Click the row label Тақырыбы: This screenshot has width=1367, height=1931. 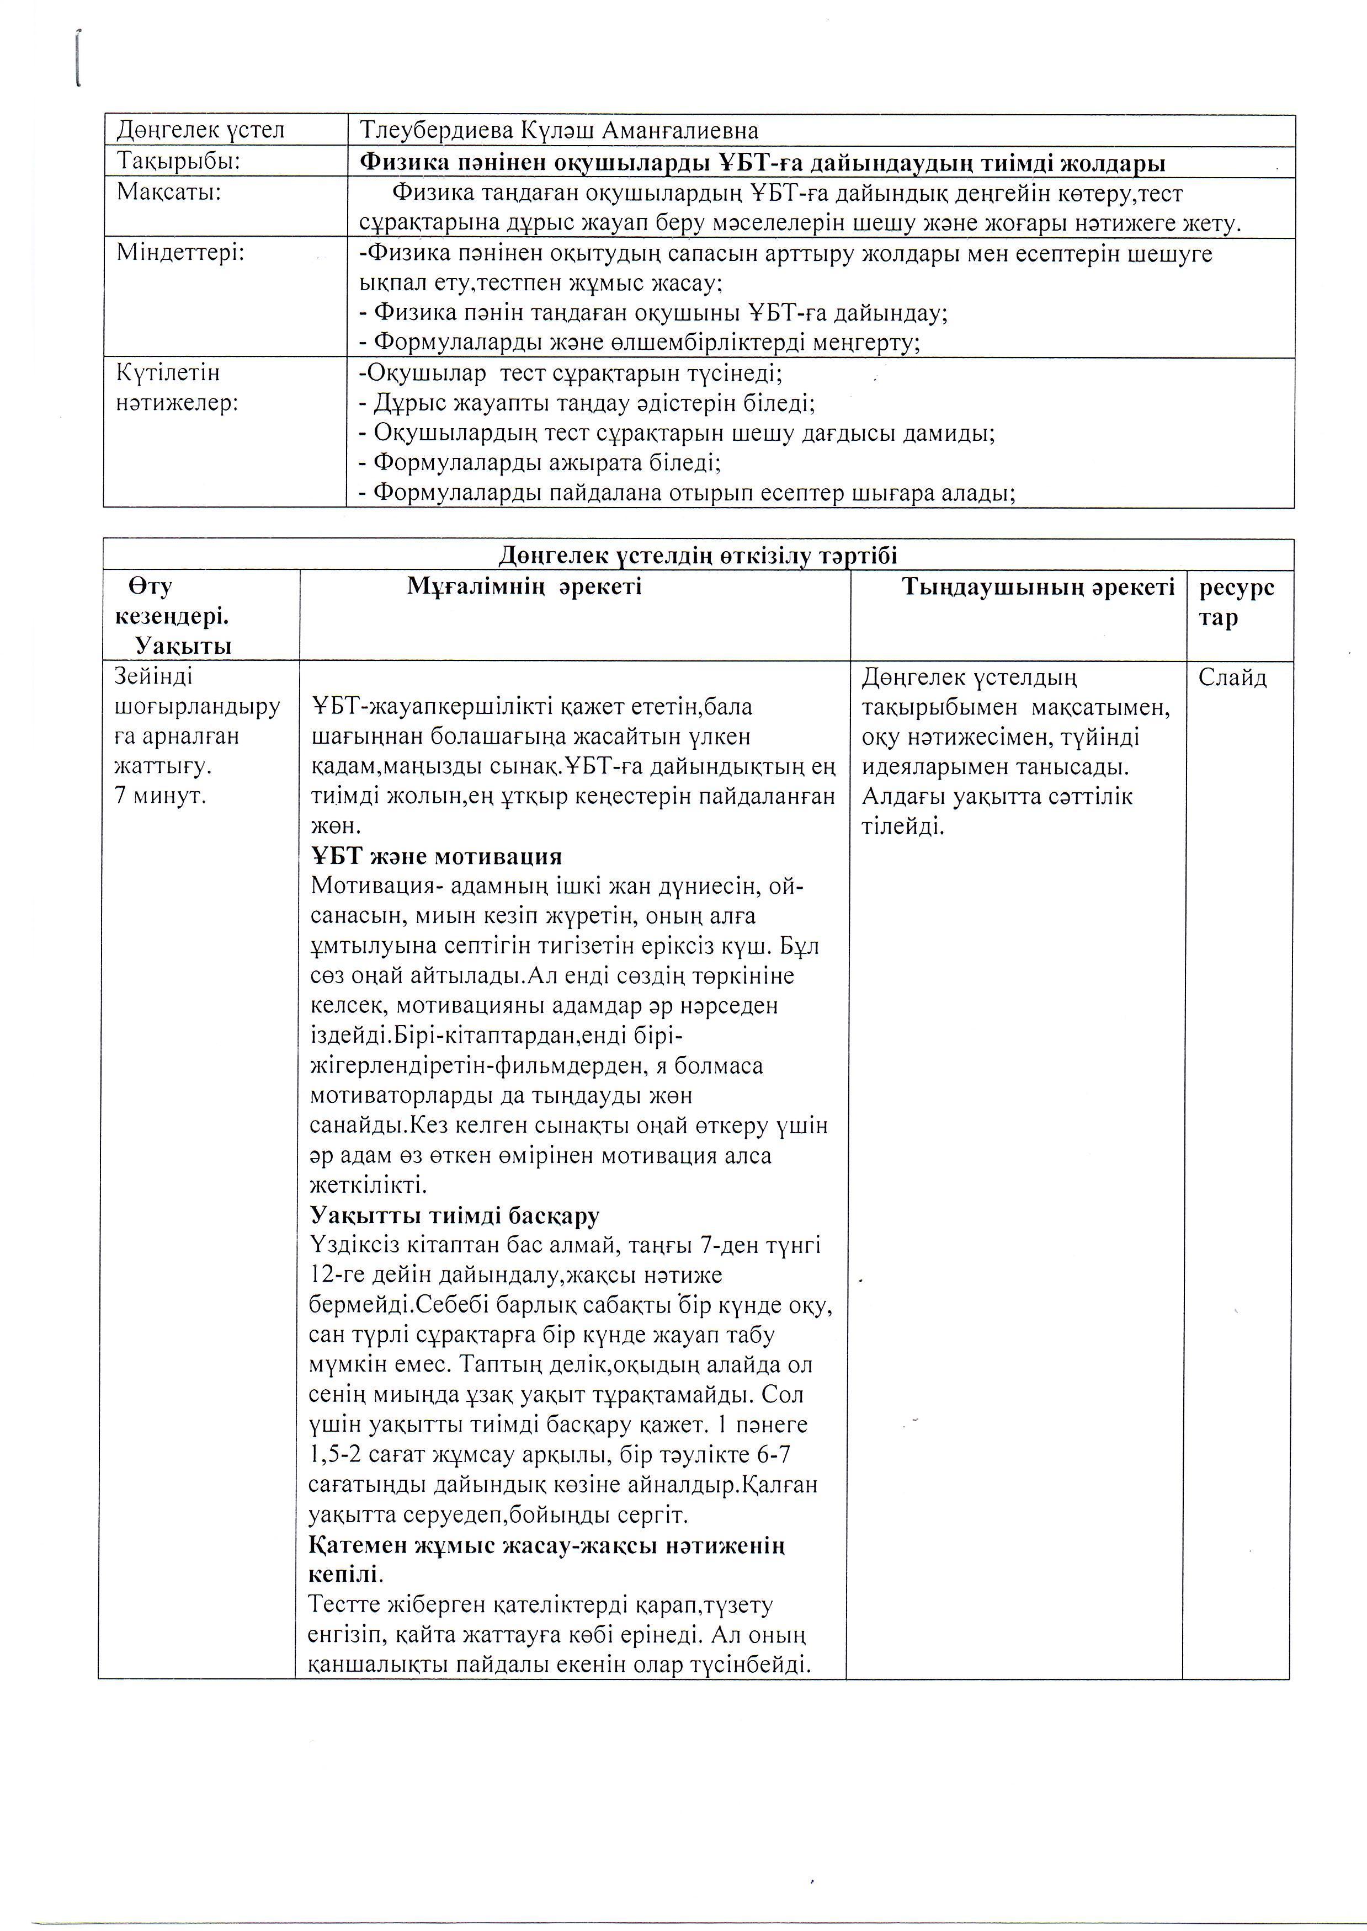click(178, 161)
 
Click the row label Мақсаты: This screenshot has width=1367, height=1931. click(168, 192)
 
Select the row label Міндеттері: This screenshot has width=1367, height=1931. click(180, 253)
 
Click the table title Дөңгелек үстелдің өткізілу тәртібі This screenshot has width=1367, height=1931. click(698, 556)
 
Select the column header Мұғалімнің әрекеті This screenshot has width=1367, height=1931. click(524, 586)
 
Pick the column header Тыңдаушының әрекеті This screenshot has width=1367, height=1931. click(1038, 586)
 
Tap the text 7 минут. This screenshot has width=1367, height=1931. click(160, 795)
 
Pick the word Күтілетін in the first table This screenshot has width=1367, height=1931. click(168, 372)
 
